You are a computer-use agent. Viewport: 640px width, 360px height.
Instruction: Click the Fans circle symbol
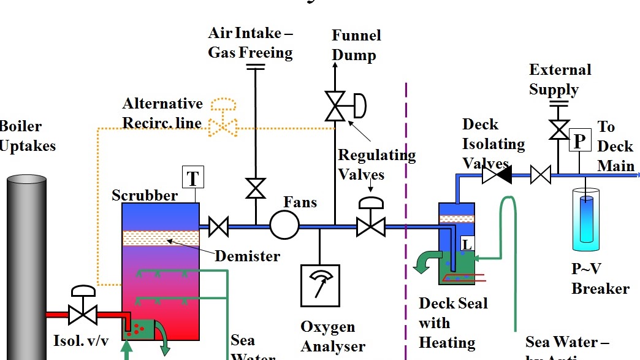click(x=284, y=225)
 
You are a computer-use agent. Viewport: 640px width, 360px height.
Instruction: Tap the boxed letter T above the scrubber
click(x=193, y=178)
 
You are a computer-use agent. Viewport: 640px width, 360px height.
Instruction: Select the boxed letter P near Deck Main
click(x=579, y=141)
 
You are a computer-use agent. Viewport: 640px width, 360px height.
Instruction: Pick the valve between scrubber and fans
click(x=218, y=226)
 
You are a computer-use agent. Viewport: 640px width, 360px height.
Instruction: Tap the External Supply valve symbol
click(x=558, y=129)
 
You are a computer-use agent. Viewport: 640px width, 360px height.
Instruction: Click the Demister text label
click(x=247, y=256)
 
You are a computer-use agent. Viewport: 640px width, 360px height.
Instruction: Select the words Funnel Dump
click(x=356, y=45)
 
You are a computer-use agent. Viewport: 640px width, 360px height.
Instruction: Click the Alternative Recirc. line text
click(x=162, y=113)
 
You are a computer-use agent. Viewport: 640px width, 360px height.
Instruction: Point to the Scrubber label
click(x=145, y=196)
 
